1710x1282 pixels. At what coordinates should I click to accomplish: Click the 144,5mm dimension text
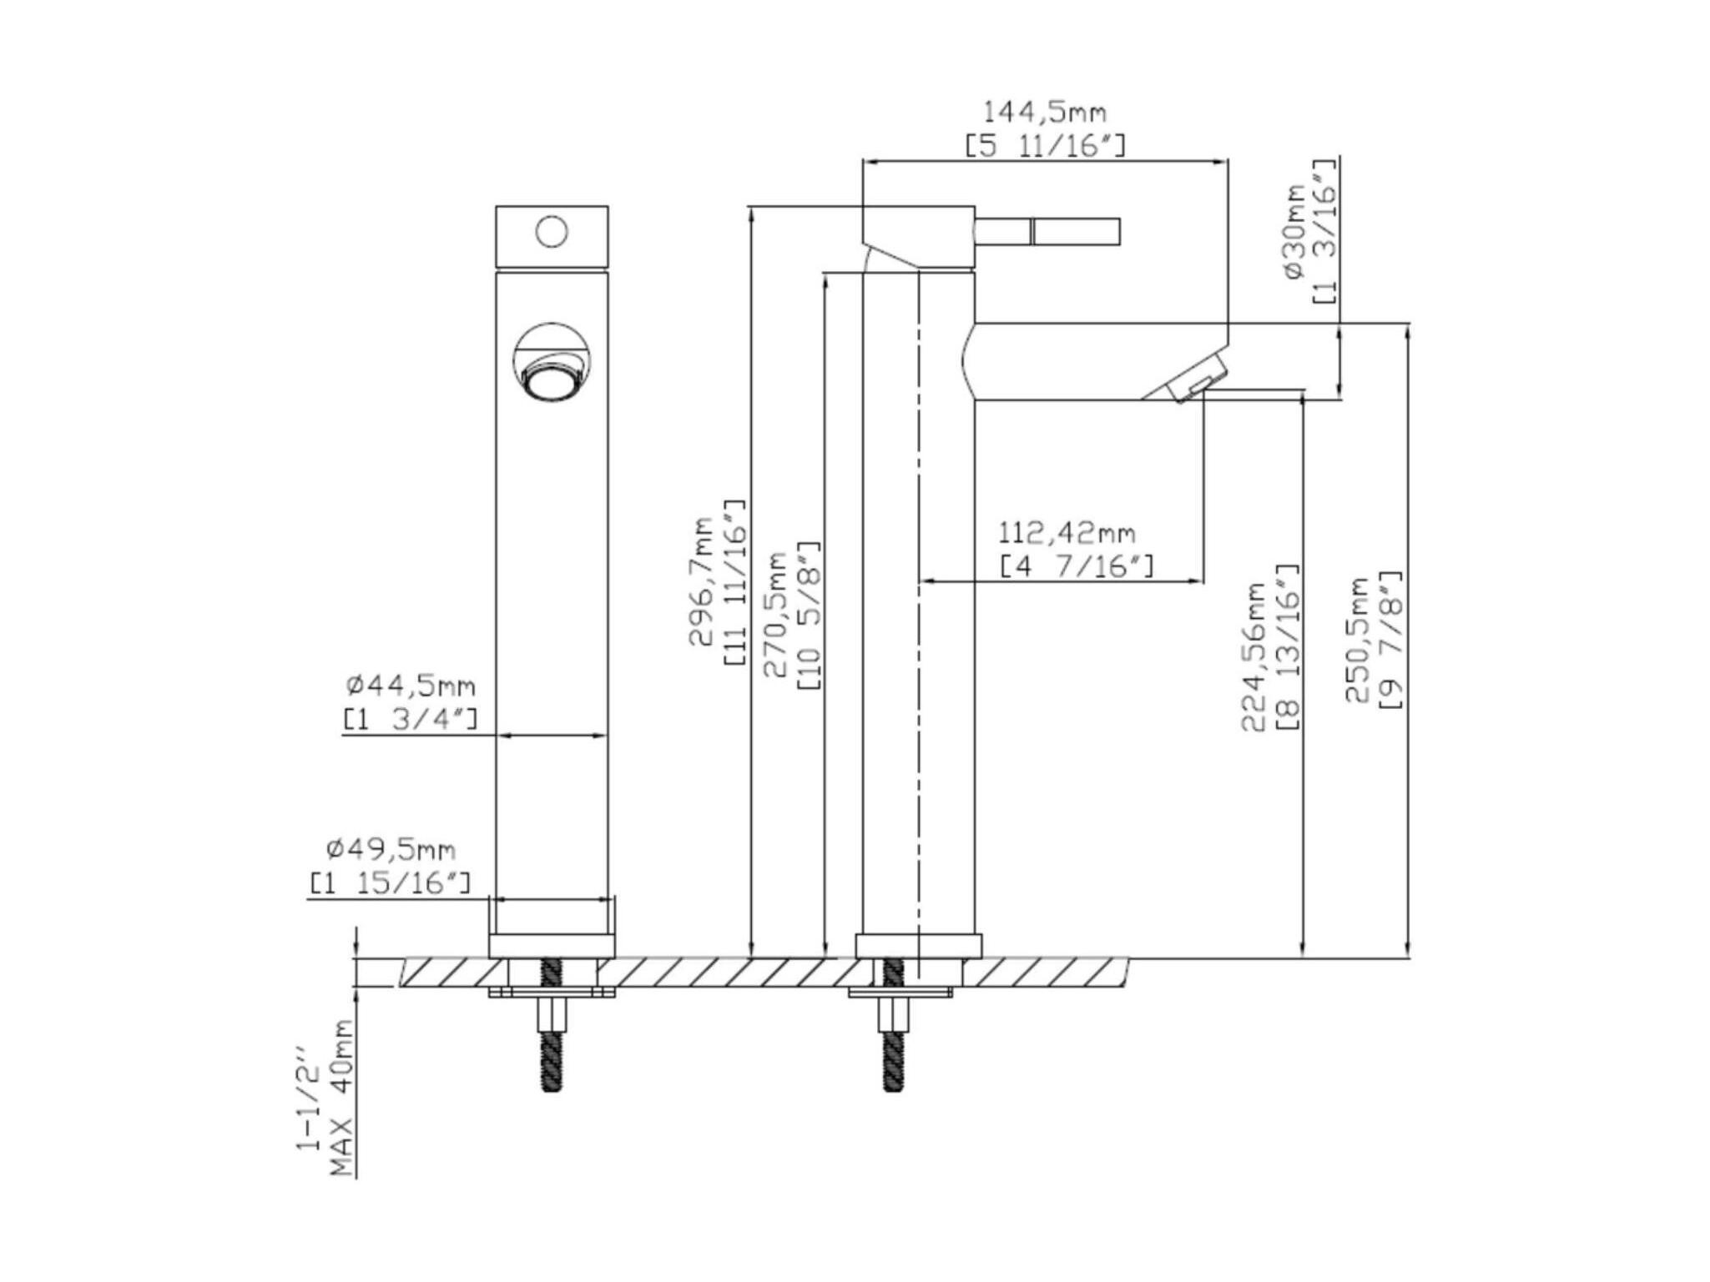tap(1044, 111)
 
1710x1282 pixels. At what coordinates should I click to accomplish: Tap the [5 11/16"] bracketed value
tap(1045, 146)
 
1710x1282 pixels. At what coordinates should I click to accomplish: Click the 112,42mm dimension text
tap(1067, 531)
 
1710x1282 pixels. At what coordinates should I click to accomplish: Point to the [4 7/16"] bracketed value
tap(1077, 566)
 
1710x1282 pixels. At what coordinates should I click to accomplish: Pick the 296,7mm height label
tap(701, 581)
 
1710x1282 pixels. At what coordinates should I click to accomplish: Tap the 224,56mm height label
tap(1253, 656)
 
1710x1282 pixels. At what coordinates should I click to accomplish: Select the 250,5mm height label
tap(1357, 639)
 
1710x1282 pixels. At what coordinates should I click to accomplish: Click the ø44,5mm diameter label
tap(411, 686)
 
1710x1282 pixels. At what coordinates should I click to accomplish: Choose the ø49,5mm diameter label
tap(391, 849)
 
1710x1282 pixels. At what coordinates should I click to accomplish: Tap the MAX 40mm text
tap(342, 1098)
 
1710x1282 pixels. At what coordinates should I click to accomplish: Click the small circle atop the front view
tap(552, 232)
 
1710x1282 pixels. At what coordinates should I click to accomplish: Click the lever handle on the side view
tap(1047, 232)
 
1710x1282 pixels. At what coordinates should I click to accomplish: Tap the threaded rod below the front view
tap(552, 1028)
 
